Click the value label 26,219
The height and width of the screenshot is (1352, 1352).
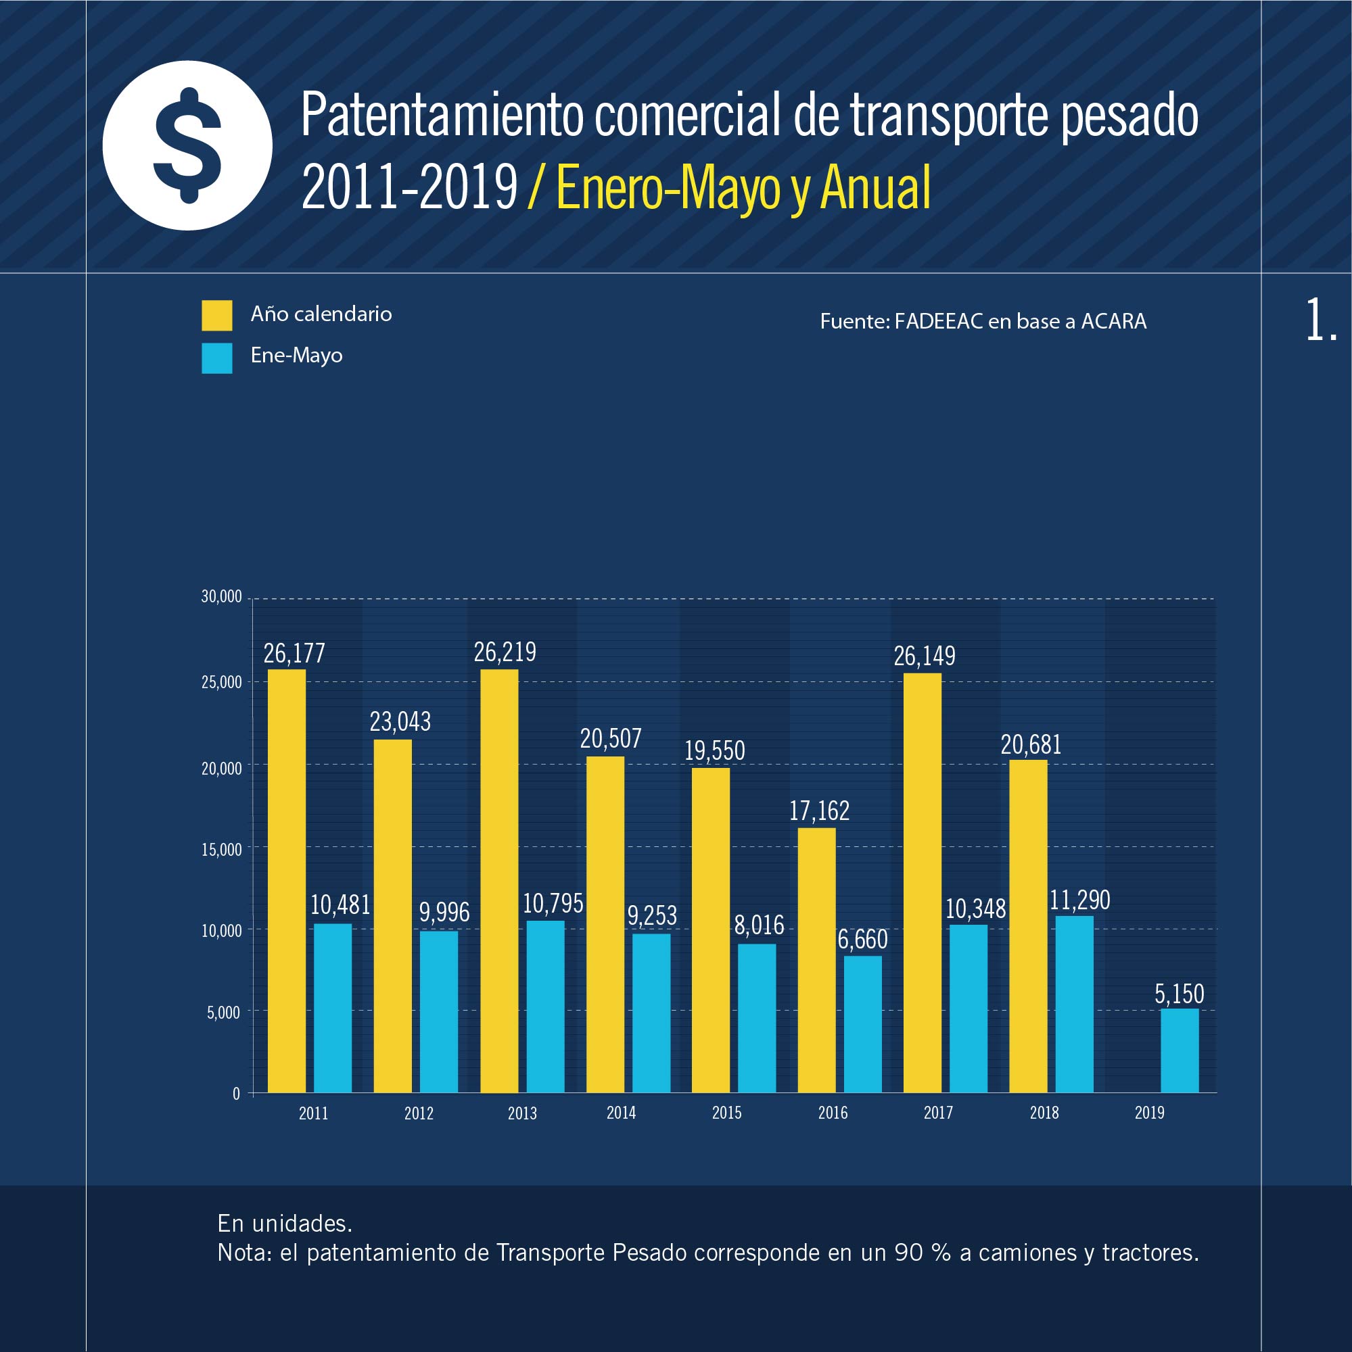tap(505, 652)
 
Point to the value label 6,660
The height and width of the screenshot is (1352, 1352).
tap(862, 939)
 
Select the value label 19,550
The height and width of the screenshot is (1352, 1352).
tap(714, 751)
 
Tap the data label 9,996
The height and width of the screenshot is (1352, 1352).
tap(444, 913)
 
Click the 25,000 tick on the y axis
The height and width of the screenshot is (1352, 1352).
tap(221, 682)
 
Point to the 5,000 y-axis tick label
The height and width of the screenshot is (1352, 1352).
tap(223, 1013)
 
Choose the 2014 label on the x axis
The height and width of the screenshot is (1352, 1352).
tap(621, 1113)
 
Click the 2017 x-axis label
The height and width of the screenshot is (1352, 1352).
tap(937, 1113)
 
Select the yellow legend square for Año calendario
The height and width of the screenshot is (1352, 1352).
tap(217, 316)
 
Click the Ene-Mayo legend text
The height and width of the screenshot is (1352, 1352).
tap(296, 356)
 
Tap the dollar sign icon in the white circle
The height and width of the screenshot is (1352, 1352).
tap(187, 145)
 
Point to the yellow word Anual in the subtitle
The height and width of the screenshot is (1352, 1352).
tap(875, 187)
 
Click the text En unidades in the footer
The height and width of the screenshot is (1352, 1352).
tap(284, 1224)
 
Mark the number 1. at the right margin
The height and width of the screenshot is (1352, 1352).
tap(1321, 320)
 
